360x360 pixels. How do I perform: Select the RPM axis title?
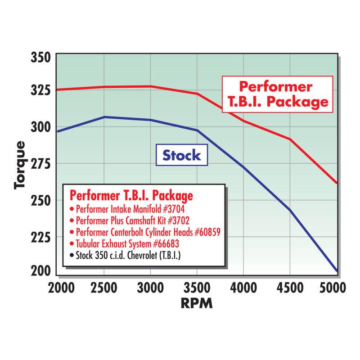tap(197, 304)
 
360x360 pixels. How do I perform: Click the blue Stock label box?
tap(181, 155)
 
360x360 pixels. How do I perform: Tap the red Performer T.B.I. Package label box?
tap(277, 94)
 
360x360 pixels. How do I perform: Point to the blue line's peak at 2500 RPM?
tap(104, 117)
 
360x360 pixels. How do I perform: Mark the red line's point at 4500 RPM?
tap(290, 139)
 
